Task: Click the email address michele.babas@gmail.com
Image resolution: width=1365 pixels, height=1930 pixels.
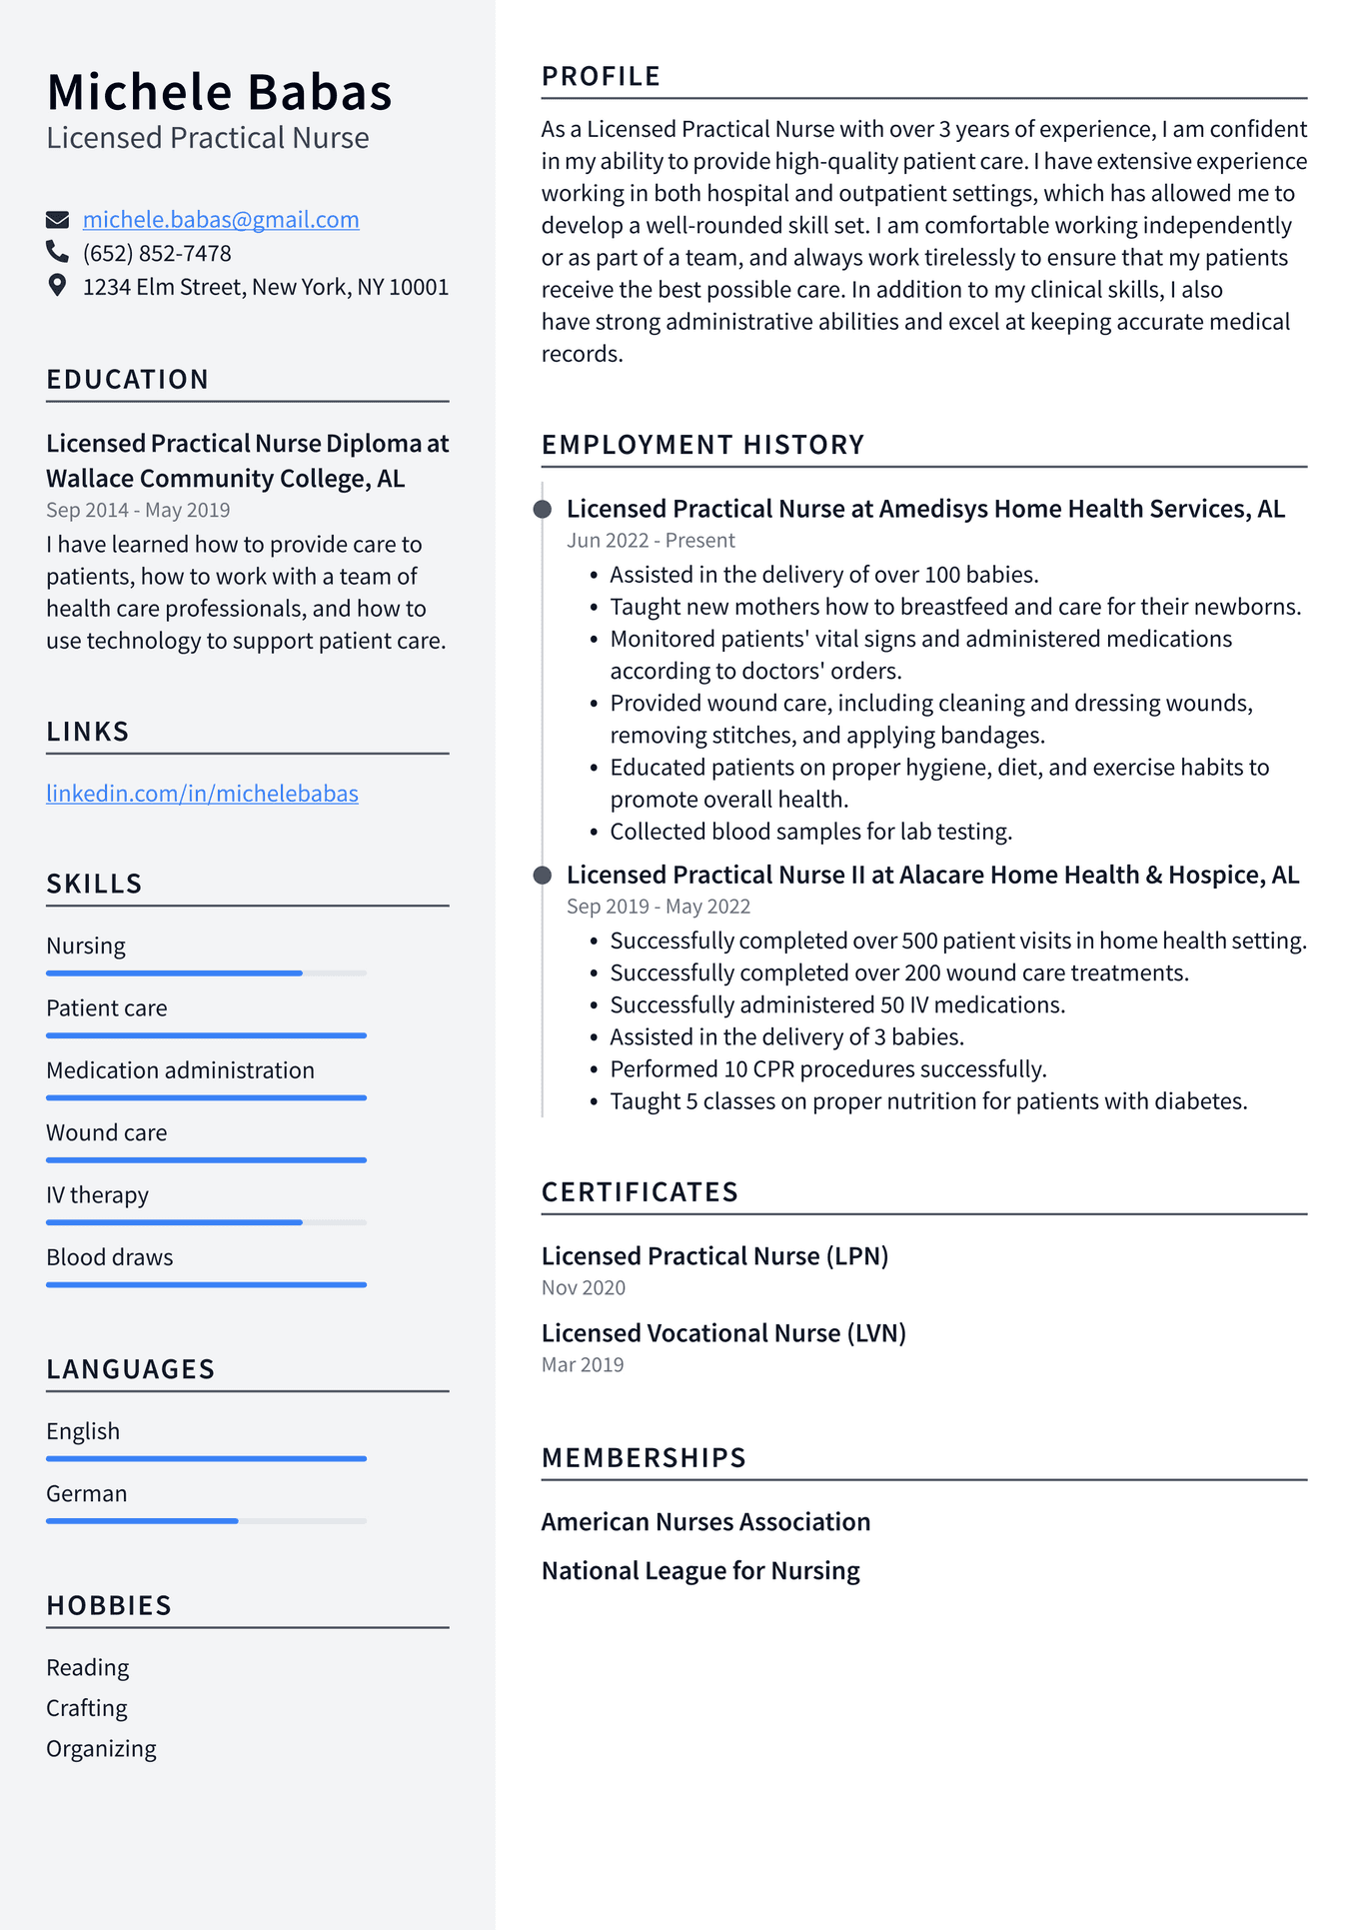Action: pos(221,220)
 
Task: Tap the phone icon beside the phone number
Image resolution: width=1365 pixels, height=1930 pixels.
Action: pos(58,252)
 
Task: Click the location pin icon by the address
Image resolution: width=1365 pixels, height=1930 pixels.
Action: pos(58,286)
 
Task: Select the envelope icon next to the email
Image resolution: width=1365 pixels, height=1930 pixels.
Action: pos(58,220)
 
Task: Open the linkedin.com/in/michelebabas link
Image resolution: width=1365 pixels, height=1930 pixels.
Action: pos(202,794)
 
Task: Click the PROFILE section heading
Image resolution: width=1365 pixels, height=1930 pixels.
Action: pos(601,77)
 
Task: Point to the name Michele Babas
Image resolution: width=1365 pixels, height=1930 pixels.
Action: pos(219,93)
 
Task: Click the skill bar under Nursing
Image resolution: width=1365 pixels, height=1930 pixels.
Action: pos(206,972)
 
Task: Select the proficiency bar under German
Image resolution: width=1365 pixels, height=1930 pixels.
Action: pos(206,1520)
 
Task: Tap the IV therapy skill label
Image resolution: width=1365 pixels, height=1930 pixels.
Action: pos(97,1195)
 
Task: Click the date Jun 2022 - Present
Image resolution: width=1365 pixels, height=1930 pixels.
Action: pos(651,541)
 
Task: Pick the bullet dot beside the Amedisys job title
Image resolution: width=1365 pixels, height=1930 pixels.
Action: pos(543,510)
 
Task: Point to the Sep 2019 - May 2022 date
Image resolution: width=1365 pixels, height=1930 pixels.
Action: pos(658,907)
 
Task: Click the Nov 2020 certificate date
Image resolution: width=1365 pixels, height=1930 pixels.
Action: pos(584,1288)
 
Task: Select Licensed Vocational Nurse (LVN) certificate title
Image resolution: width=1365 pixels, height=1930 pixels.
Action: pos(723,1333)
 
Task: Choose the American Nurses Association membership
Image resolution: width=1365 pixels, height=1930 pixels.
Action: pos(705,1522)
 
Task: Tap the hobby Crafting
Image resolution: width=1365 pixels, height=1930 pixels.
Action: pos(87,1708)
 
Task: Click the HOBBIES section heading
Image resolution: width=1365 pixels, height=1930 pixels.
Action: pos(109,1606)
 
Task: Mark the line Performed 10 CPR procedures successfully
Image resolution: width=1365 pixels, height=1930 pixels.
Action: pos(828,1069)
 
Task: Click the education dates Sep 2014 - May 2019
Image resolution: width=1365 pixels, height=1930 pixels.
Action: pos(138,511)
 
